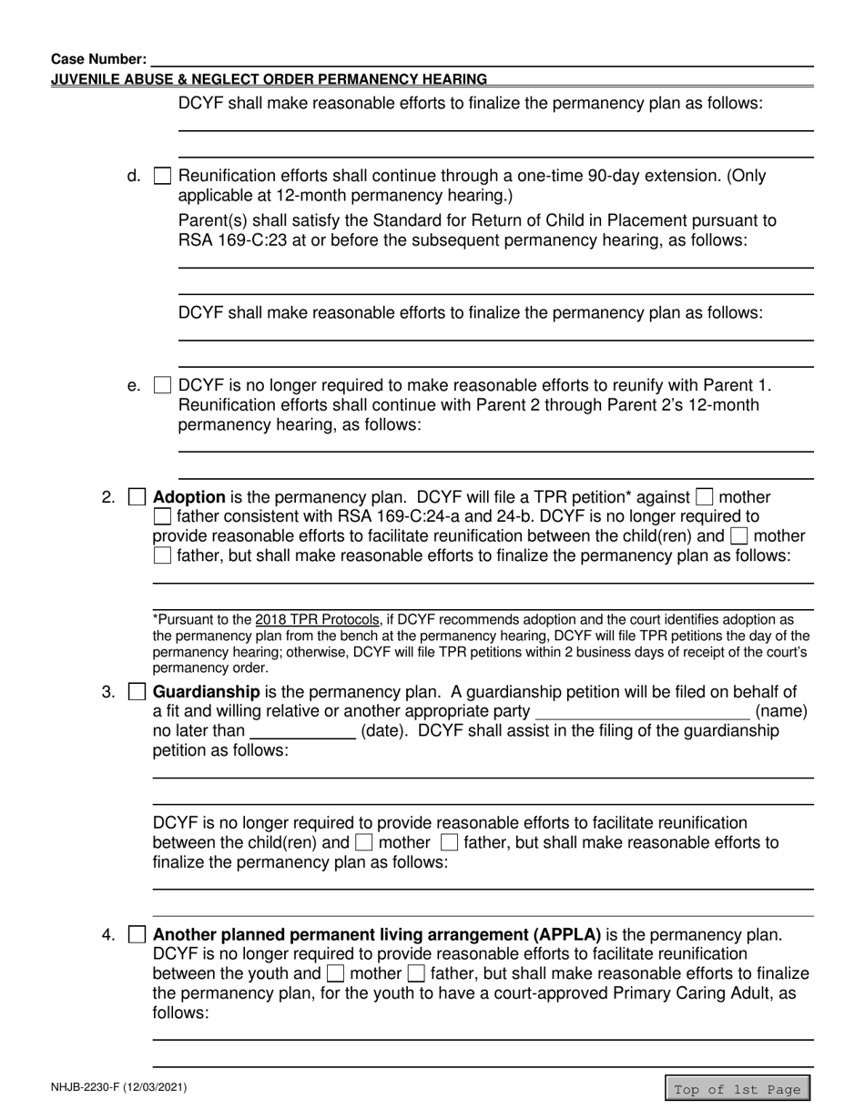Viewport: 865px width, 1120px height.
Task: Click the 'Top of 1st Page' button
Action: [x=737, y=1089]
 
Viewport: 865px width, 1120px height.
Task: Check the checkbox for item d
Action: [x=162, y=177]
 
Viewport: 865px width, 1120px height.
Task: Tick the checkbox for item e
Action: [x=162, y=386]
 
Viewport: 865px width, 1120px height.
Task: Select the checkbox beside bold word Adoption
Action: [x=137, y=497]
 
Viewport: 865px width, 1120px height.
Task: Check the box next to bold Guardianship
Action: [x=137, y=692]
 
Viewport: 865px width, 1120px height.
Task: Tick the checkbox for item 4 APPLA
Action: [x=137, y=934]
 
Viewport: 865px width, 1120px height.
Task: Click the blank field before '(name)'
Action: [x=642, y=710]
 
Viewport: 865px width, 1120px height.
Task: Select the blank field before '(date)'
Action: [x=301, y=731]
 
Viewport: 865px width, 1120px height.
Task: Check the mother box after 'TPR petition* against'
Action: [x=705, y=497]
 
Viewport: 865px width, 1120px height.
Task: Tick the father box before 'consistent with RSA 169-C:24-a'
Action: [x=162, y=517]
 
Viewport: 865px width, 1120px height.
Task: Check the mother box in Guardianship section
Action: [x=363, y=843]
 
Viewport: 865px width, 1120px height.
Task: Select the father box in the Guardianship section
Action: [x=449, y=843]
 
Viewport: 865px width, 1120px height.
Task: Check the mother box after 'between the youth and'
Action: [x=335, y=974]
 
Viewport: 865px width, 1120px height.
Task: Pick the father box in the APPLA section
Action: [x=416, y=974]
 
